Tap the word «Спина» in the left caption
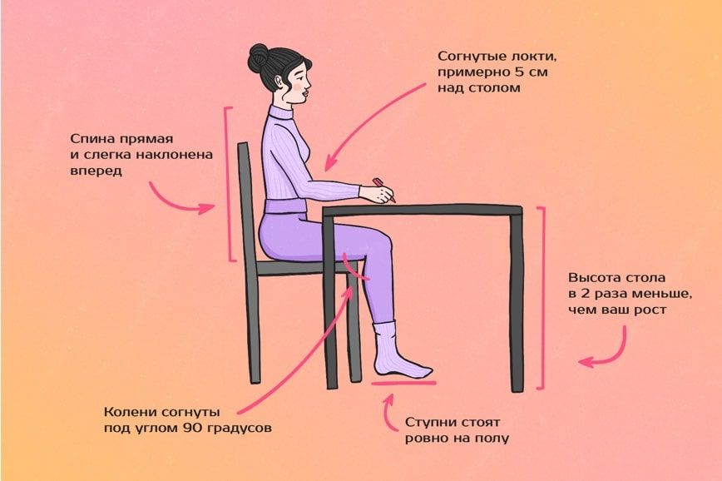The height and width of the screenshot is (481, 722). click(x=92, y=140)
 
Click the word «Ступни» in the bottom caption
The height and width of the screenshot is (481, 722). click(x=433, y=423)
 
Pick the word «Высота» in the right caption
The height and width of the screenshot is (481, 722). click(x=594, y=278)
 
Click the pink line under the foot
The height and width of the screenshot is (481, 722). click(x=403, y=383)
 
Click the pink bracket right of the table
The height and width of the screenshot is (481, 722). click(x=543, y=299)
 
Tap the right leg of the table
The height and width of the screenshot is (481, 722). click(x=517, y=302)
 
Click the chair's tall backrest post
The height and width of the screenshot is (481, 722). click(x=248, y=263)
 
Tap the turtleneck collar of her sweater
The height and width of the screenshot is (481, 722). click(x=282, y=113)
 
